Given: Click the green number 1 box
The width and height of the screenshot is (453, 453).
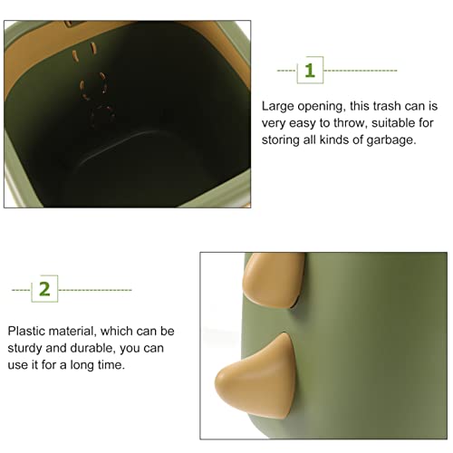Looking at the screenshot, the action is pos(310,70).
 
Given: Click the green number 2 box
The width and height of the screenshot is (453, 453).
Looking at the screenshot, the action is pos(44,289).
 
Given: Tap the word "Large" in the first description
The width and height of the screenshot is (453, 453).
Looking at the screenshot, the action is pos(277,107).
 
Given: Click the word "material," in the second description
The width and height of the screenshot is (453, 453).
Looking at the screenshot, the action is pos(72,332).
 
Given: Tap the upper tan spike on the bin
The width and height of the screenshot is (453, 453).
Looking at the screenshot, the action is pos(274,279).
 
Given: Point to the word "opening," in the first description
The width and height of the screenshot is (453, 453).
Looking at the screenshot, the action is pos(322,107).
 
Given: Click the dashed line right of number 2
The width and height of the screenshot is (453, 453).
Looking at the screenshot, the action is pos(95,290).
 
